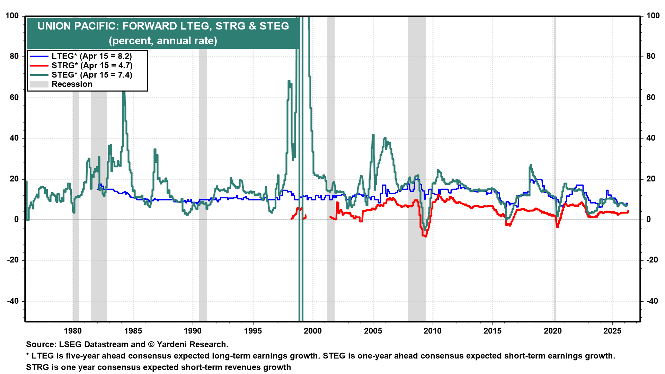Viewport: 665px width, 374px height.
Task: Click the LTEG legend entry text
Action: click(x=91, y=56)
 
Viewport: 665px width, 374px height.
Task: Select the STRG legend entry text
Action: click(x=92, y=65)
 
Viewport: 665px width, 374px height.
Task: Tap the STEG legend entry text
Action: click(x=92, y=75)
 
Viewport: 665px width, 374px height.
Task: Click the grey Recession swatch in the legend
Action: click(x=39, y=84)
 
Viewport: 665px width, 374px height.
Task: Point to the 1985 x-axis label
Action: click(x=133, y=331)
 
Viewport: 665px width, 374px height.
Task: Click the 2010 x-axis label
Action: click(x=433, y=331)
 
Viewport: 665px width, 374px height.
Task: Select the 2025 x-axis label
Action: click(x=612, y=331)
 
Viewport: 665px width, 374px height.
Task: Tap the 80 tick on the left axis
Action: click(x=14, y=56)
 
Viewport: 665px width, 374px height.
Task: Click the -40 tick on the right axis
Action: click(x=652, y=301)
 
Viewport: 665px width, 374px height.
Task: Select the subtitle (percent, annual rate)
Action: click(x=163, y=41)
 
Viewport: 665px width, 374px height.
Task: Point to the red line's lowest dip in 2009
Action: click(x=425, y=236)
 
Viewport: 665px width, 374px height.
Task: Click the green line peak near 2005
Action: click(x=373, y=135)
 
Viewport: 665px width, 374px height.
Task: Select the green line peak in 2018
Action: click(x=531, y=166)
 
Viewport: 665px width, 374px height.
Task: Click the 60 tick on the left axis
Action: click(x=14, y=97)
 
